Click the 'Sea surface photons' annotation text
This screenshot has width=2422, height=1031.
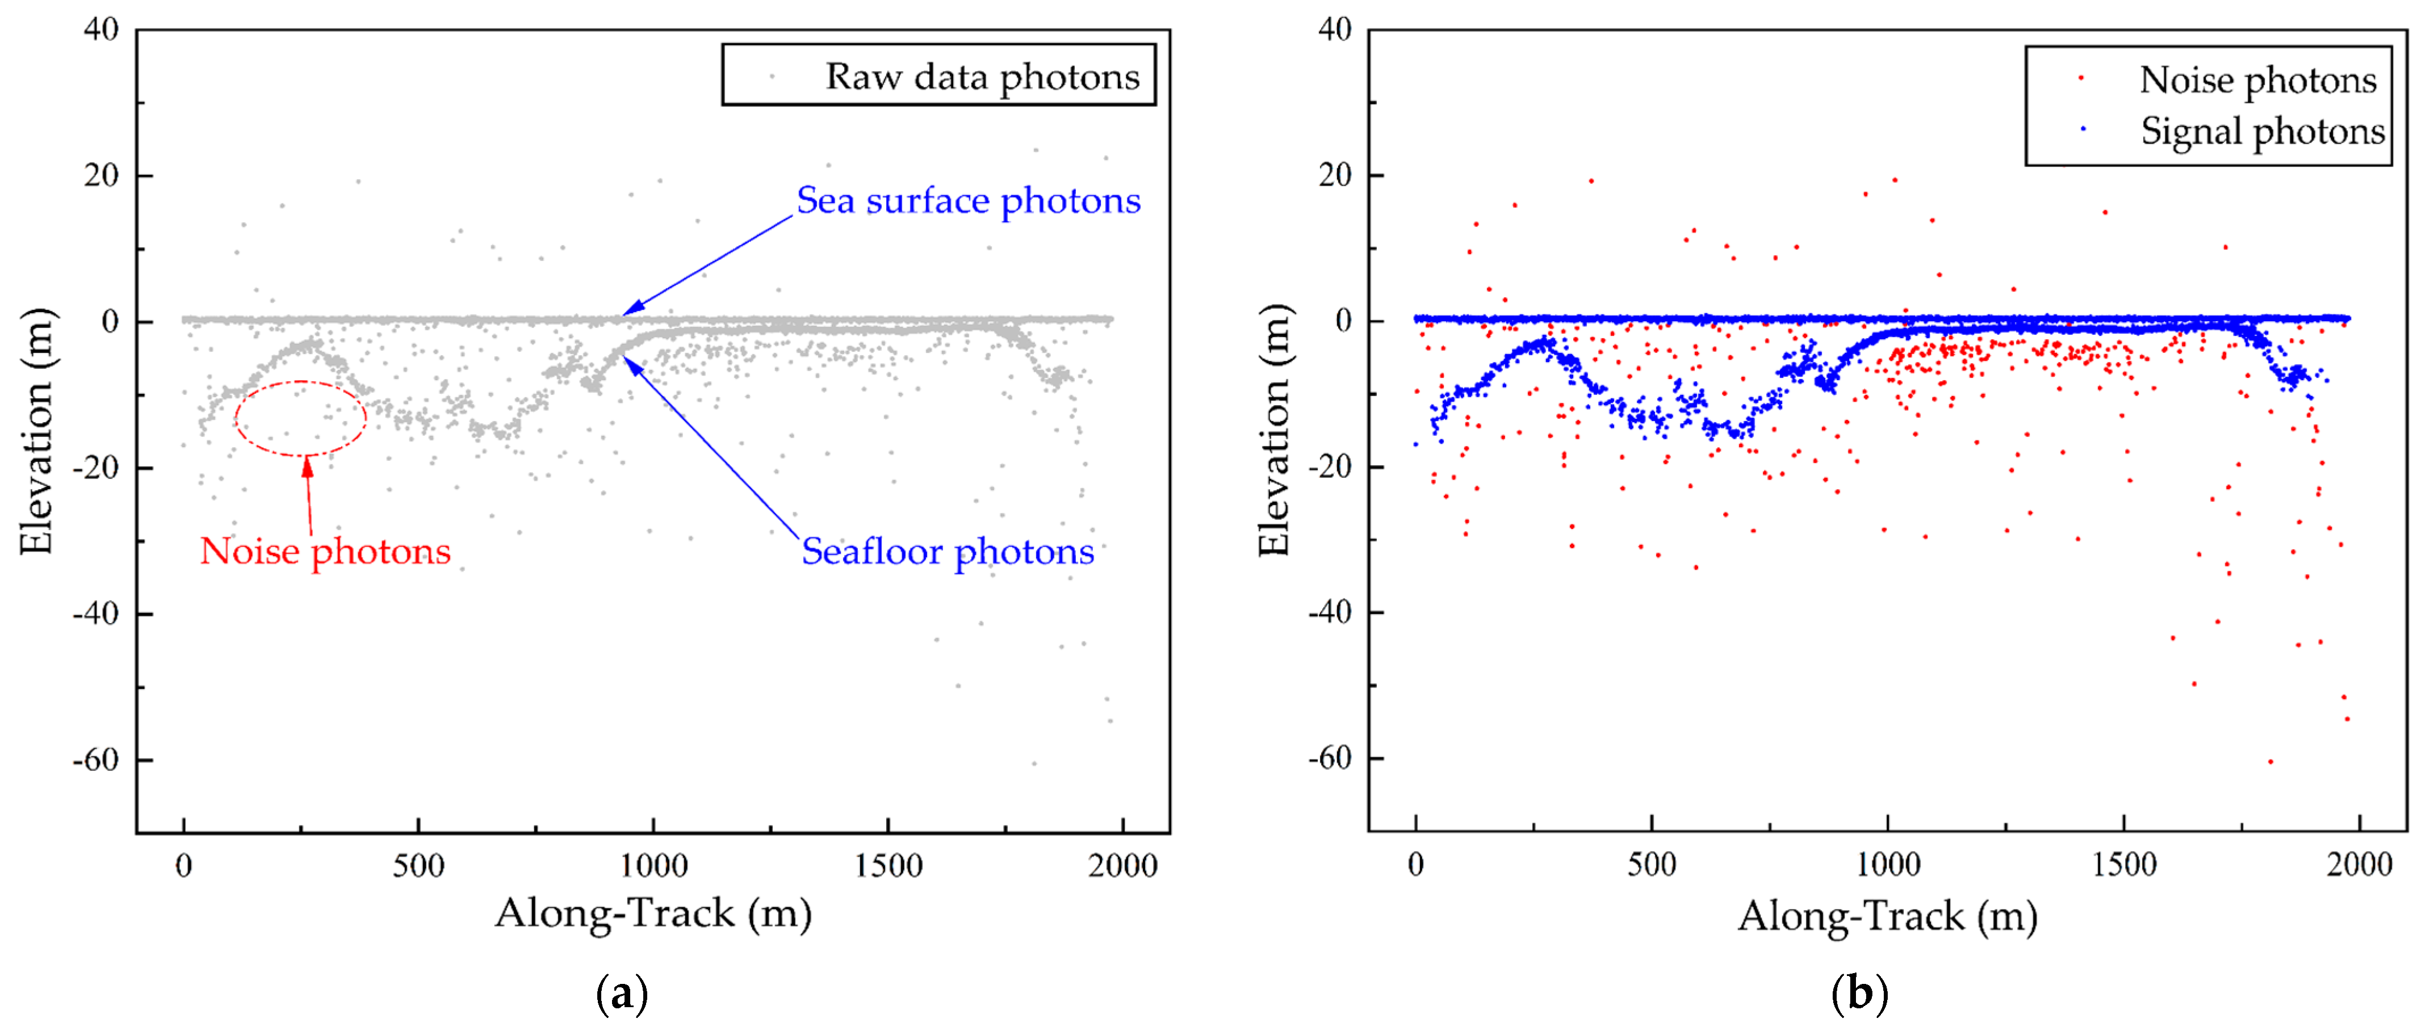pos(969,201)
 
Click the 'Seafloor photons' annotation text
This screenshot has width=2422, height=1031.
pos(948,552)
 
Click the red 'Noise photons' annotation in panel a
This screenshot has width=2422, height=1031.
pos(325,552)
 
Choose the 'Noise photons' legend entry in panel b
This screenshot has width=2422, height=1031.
pos(2257,81)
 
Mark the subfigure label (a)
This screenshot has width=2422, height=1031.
pos(622,994)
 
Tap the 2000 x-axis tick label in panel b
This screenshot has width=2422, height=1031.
pos(2358,865)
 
